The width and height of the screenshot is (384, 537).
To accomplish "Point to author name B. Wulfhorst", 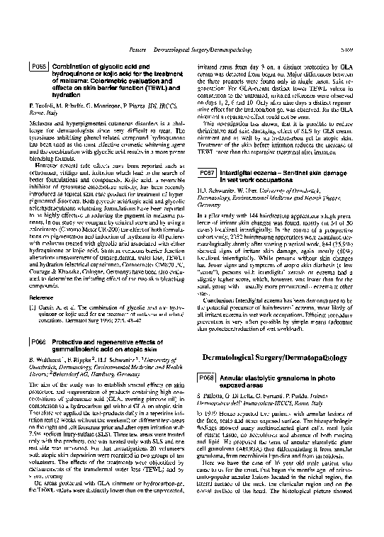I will (45, 359).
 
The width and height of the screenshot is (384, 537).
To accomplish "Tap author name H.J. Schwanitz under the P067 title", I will (216, 191).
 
